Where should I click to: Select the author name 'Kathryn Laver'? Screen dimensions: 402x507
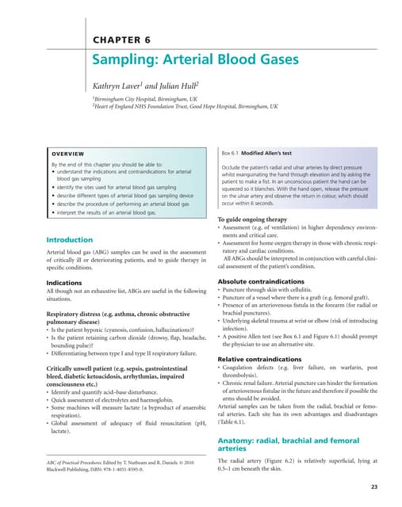[118, 84]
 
